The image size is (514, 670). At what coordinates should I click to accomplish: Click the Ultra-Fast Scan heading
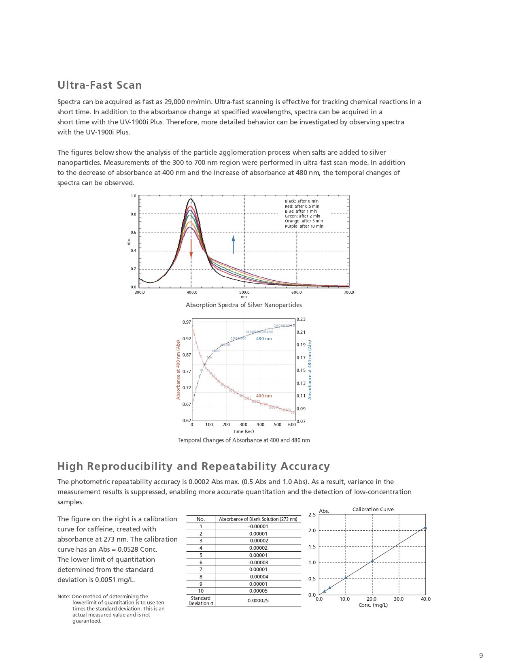[x=100, y=85]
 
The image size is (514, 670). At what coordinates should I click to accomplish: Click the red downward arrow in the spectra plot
[x=191, y=248]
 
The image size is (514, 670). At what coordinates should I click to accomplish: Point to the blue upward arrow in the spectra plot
[x=233, y=244]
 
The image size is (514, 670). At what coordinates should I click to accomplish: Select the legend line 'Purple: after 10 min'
[x=304, y=226]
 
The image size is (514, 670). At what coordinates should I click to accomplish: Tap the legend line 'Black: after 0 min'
[x=302, y=201]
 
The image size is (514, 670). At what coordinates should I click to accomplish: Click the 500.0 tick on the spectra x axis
[x=244, y=292]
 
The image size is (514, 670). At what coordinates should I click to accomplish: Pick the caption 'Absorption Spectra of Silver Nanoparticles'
[x=244, y=305]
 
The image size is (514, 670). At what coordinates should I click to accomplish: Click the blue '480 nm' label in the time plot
[x=264, y=339]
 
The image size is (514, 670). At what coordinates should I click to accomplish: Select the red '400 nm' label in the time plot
[x=264, y=396]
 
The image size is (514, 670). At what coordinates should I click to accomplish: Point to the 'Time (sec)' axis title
[x=243, y=431]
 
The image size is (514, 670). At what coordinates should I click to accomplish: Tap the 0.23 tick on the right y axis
[x=301, y=319]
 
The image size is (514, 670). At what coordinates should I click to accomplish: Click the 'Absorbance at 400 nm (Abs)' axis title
[x=178, y=369]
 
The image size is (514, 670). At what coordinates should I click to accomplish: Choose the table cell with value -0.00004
[x=258, y=576]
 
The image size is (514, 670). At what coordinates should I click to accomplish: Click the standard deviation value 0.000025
[x=258, y=600]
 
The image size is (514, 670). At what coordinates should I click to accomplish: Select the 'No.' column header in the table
[x=201, y=519]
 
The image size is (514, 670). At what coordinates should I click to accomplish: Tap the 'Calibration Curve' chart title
[x=373, y=510]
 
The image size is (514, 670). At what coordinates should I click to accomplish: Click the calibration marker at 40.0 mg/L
[x=425, y=527]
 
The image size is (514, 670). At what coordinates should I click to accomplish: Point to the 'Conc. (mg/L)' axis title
[x=373, y=605]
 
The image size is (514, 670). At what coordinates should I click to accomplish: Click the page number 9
[x=481, y=655]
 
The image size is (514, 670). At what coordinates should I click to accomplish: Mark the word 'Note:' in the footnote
[x=64, y=596]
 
